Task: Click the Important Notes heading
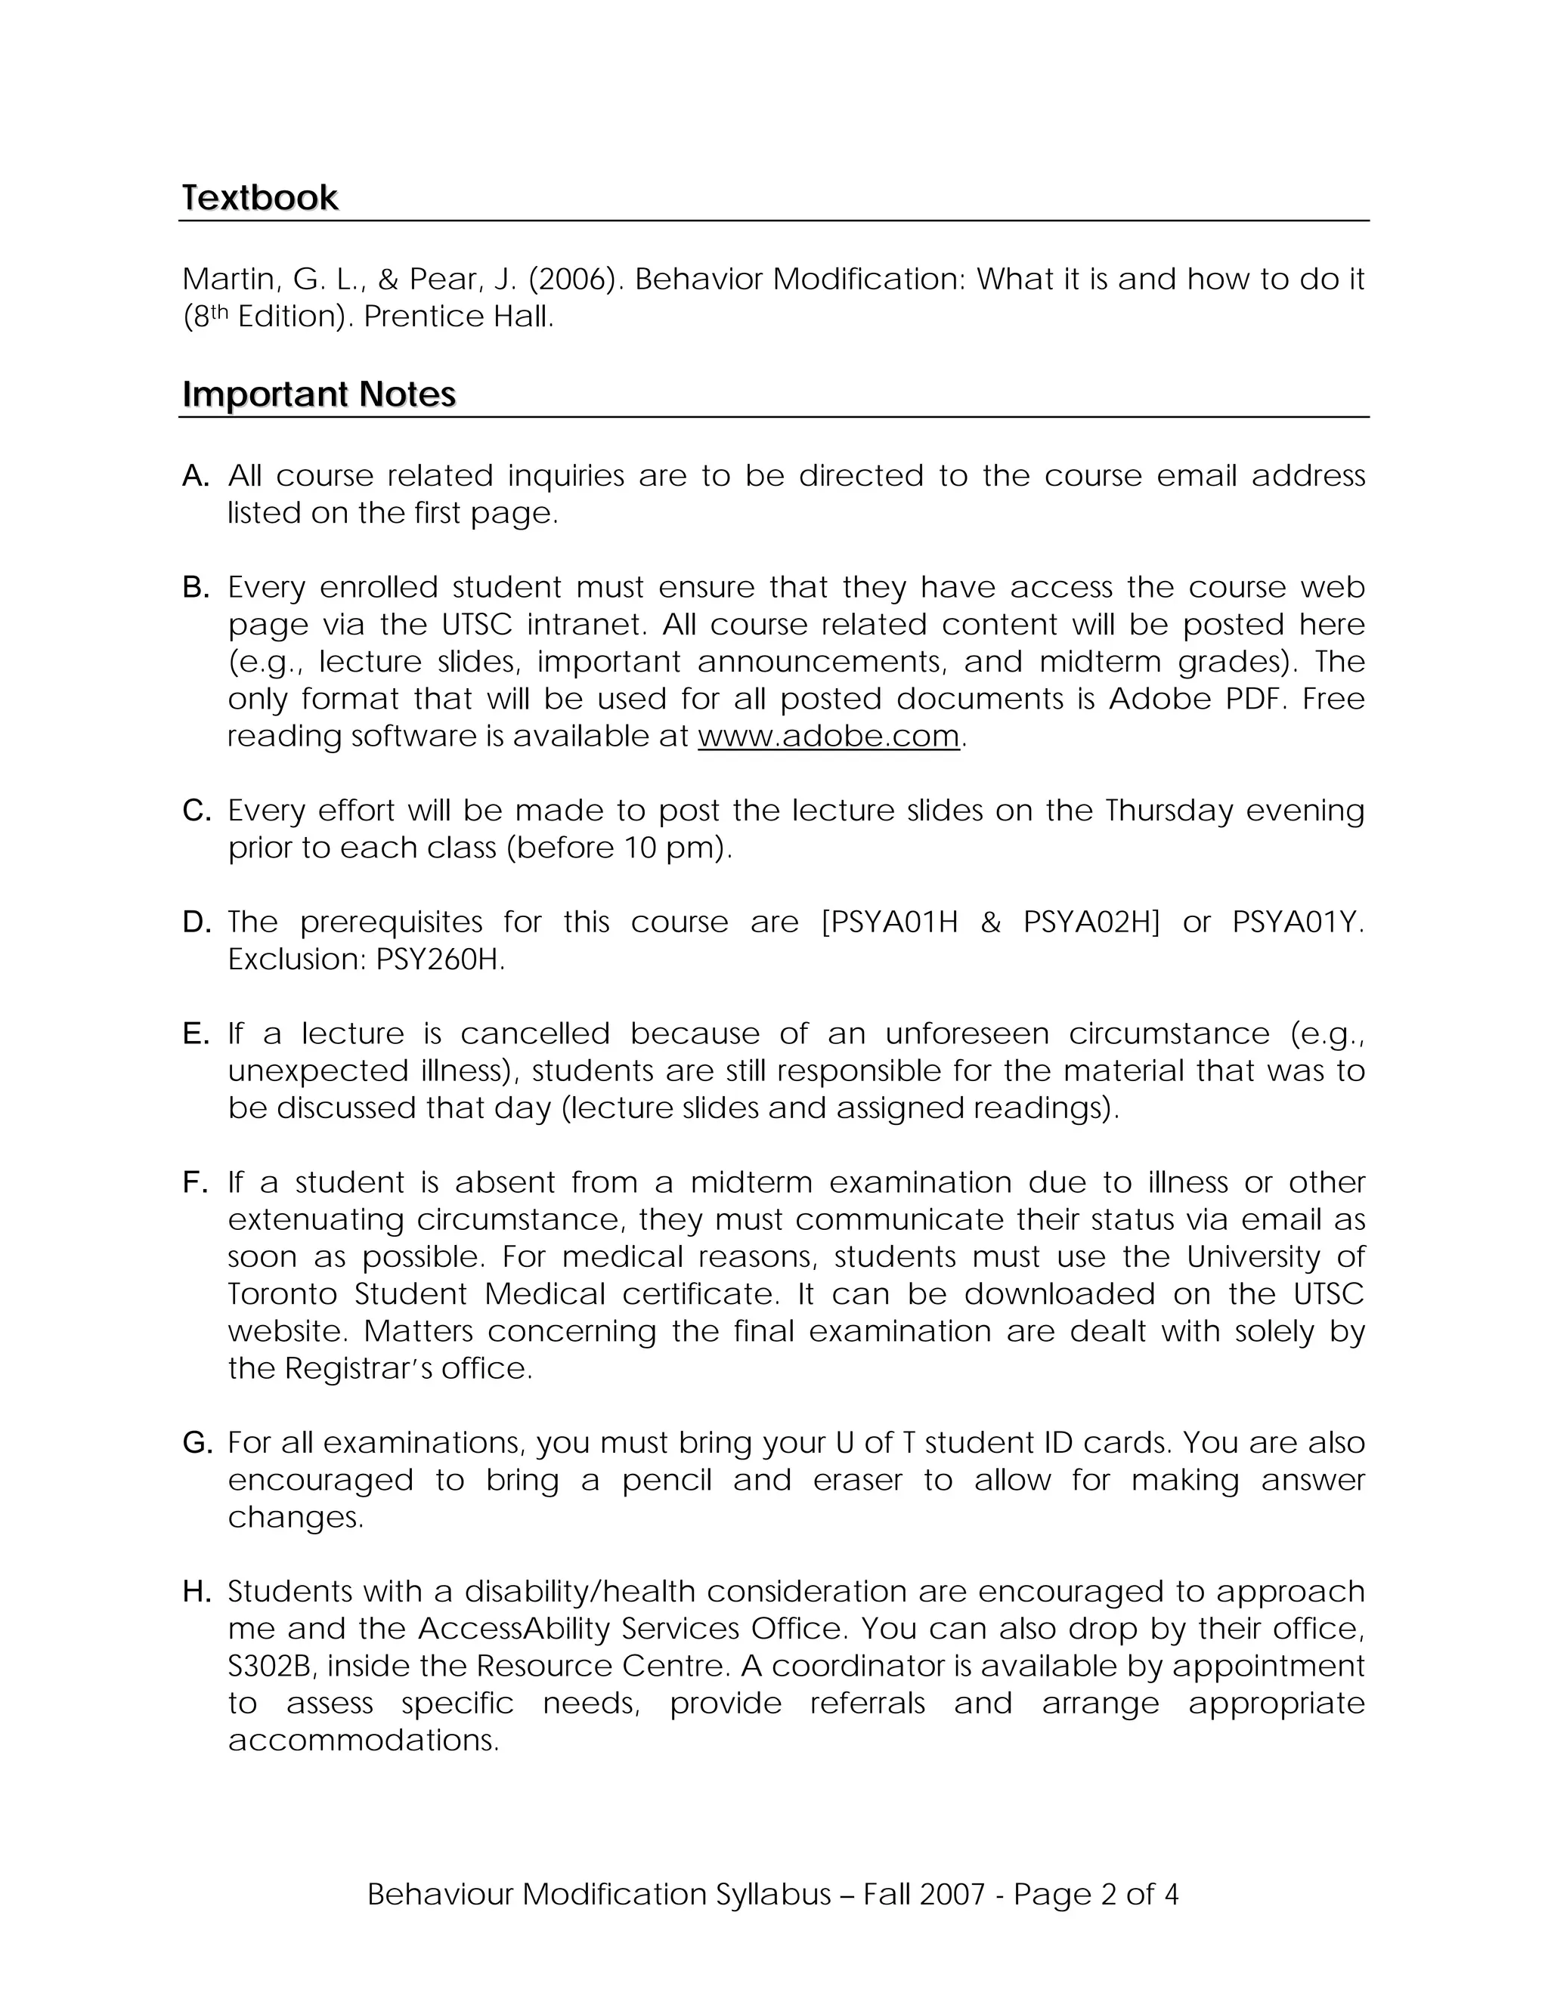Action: pyautogui.click(x=318, y=394)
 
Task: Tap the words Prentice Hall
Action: pyautogui.click(x=459, y=317)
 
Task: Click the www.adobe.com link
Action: pyautogui.click(x=828, y=736)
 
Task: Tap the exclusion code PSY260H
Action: pyautogui.click(x=439, y=959)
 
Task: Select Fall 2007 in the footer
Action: pyautogui.click(x=924, y=1895)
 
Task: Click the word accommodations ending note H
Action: pyautogui.click(x=362, y=1741)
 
